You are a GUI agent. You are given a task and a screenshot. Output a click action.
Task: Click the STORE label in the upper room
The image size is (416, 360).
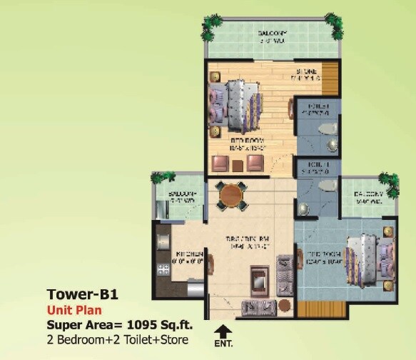[308, 71]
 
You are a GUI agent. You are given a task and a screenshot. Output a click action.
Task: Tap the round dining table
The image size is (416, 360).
[230, 194]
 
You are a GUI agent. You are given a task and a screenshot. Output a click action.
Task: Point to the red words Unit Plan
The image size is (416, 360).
[75, 310]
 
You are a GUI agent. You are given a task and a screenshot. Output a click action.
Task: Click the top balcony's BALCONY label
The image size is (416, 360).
[274, 34]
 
